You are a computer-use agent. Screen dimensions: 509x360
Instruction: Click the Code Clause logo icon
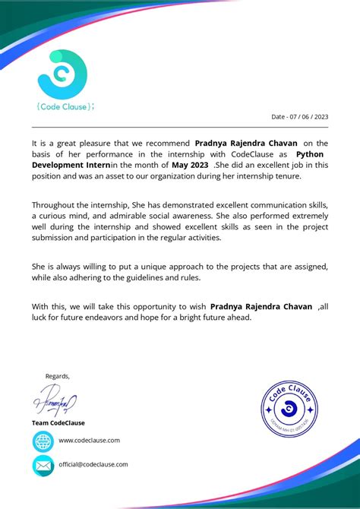(64, 74)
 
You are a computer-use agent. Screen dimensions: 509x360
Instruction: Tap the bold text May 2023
(189, 165)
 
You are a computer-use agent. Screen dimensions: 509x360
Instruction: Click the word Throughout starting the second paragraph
(55, 205)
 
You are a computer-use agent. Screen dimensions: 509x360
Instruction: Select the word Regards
(58, 376)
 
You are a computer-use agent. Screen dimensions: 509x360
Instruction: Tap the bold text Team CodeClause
(58, 423)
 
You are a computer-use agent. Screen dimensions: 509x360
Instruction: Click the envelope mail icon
(43, 465)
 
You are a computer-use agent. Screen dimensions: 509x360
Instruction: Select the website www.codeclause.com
(89, 440)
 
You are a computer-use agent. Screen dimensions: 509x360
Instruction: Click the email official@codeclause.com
(93, 464)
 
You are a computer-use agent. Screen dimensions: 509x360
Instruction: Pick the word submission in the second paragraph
(58, 238)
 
